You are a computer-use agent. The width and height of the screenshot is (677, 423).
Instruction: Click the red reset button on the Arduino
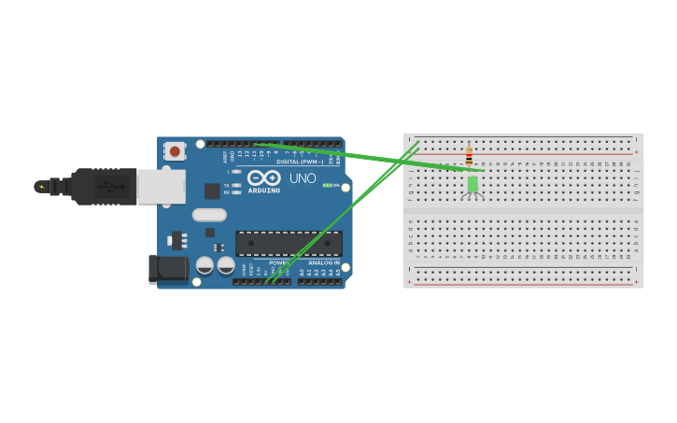175,150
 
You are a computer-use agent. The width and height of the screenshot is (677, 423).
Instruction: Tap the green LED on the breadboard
472,184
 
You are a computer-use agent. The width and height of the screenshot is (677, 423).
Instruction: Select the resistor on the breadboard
469,155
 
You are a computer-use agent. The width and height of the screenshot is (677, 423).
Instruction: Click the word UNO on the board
303,178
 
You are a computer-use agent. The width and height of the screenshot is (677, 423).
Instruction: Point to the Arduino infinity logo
263,177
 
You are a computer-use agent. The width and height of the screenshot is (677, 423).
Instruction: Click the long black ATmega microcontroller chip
288,244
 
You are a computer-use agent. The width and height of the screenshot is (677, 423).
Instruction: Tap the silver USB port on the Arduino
161,187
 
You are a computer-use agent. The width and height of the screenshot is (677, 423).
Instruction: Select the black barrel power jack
168,269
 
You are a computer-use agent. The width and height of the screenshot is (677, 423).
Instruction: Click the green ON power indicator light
327,185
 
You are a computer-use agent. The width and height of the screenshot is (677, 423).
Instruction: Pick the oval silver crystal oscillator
210,215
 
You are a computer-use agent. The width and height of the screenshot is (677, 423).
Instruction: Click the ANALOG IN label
324,262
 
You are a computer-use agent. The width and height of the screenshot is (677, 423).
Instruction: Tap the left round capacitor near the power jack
205,265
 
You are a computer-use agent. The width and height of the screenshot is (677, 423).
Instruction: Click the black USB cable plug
103,187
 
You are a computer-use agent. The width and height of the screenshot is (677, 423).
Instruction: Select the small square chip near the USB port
212,191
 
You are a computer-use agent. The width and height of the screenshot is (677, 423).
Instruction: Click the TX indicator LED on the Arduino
237,186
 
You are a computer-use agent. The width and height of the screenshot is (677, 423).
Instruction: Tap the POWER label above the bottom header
278,262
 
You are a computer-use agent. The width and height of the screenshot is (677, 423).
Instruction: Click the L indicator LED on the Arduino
237,172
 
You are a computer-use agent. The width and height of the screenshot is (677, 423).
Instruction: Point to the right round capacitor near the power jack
226,265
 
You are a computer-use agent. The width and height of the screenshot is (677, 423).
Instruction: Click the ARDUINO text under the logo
263,190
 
